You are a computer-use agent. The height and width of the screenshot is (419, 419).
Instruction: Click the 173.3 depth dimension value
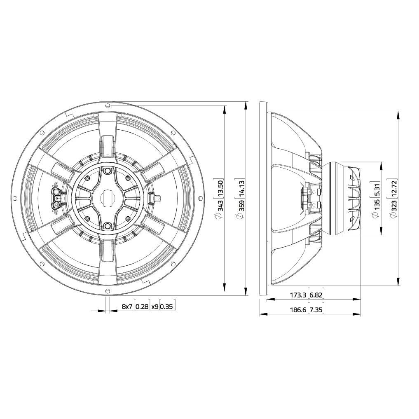point(298,295)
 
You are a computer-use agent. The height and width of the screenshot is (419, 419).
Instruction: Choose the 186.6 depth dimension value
point(298,310)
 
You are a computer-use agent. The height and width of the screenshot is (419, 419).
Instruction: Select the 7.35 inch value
point(317,310)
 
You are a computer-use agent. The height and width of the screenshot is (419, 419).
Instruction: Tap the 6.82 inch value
point(317,295)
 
